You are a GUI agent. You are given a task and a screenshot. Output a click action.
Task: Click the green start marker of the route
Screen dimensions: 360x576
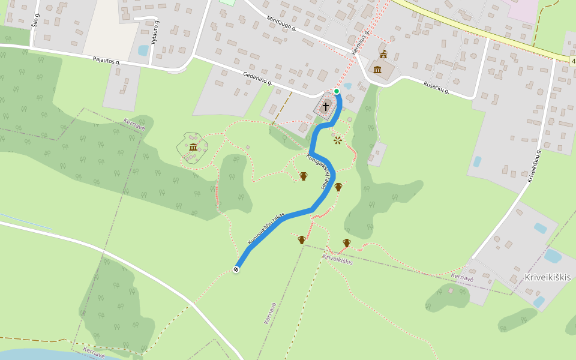(x=337, y=91)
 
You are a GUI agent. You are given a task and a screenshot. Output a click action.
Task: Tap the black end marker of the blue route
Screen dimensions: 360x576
(x=236, y=269)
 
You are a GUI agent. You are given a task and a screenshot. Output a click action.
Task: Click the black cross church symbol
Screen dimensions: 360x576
(x=326, y=106)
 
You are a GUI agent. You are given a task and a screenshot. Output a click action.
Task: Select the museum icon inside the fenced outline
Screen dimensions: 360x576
(x=193, y=147)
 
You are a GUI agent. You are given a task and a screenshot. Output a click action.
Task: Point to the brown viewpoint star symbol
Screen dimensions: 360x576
(x=338, y=140)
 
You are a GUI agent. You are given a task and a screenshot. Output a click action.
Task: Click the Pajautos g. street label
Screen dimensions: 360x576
(x=107, y=61)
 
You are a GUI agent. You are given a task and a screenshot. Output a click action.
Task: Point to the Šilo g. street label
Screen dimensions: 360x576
(x=35, y=20)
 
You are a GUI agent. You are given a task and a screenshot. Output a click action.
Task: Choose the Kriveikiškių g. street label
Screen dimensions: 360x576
(x=534, y=166)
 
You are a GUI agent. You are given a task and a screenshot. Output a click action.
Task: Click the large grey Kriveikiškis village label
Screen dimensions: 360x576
(x=548, y=277)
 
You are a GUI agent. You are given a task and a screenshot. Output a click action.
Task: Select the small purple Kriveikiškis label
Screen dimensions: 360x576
(x=338, y=259)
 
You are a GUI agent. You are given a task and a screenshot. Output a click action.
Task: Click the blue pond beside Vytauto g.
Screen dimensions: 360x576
(x=143, y=50)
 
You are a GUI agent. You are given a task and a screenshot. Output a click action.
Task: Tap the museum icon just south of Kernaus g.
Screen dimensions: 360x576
(x=377, y=70)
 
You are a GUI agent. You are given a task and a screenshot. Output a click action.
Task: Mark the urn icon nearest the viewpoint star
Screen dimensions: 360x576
(x=338, y=187)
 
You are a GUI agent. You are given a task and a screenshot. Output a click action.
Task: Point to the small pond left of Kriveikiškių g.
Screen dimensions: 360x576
(x=477, y=161)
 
